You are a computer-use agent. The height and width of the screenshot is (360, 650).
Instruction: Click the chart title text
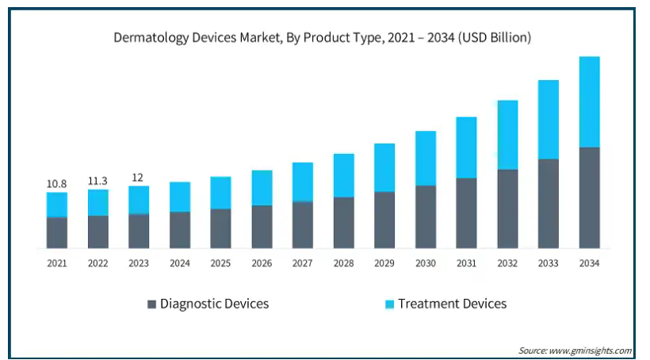click(322, 37)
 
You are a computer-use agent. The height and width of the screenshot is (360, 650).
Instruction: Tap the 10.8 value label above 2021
click(56, 184)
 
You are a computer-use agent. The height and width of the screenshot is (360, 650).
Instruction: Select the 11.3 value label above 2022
click(97, 179)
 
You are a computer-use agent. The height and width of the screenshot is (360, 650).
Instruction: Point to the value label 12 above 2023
click(139, 177)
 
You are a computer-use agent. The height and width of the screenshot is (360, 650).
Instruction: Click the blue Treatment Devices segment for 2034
click(589, 101)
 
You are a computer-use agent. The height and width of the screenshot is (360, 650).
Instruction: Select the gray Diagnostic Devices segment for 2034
click(589, 197)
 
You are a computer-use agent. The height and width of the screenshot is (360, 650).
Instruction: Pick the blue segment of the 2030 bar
click(426, 158)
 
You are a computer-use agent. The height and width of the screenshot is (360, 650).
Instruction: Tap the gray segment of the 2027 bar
click(302, 224)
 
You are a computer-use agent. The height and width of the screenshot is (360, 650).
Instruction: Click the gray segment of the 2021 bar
click(56, 232)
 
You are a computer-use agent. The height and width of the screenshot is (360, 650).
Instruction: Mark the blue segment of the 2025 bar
click(220, 193)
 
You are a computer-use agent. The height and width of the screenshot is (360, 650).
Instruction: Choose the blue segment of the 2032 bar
click(507, 135)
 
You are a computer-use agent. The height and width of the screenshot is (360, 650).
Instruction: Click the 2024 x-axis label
click(180, 263)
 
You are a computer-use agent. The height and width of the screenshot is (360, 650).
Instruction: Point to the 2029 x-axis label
click(384, 263)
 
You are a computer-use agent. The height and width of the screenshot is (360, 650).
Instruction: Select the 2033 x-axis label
click(549, 263)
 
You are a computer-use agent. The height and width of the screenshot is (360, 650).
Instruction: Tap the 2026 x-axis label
click(262, 263)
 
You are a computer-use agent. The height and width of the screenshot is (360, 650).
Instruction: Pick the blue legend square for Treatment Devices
click(389, 304)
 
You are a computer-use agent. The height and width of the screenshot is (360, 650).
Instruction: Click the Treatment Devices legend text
click(452, 304)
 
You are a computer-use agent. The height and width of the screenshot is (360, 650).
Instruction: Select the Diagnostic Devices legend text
click(214, 304)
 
